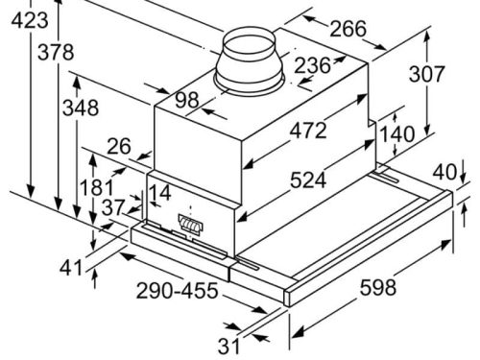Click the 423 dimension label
coord(30,21)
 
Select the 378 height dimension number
coord(56,52)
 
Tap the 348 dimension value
coord(81,108)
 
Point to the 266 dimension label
coord(348,29)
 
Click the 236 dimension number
coord(312,65)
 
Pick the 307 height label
coord(427,74)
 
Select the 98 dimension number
coord(187,100)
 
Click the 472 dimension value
coord(308,131)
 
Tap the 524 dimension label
coord(308,180)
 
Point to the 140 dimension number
coord(396,134)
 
